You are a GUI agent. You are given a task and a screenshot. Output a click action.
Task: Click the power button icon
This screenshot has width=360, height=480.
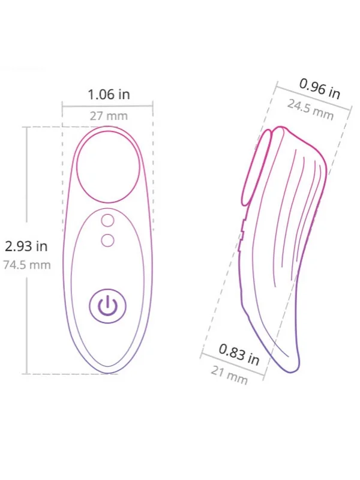107,306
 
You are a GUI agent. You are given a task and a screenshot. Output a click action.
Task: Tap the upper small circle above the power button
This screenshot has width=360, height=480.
107,220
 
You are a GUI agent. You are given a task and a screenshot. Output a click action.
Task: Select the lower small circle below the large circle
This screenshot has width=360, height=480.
107,241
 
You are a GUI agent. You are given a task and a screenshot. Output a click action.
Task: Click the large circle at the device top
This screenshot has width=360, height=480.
108,167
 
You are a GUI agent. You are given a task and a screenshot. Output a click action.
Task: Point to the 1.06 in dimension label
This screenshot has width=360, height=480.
109,94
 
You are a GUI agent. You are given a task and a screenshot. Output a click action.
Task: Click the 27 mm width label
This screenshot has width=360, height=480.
109,116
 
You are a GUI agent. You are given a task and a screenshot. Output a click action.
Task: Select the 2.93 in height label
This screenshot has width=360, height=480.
26,246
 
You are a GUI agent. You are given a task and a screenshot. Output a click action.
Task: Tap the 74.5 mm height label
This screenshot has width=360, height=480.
27,265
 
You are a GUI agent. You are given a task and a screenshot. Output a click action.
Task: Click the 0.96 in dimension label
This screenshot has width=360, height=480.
320,89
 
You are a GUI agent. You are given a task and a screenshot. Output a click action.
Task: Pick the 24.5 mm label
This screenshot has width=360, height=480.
310,110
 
